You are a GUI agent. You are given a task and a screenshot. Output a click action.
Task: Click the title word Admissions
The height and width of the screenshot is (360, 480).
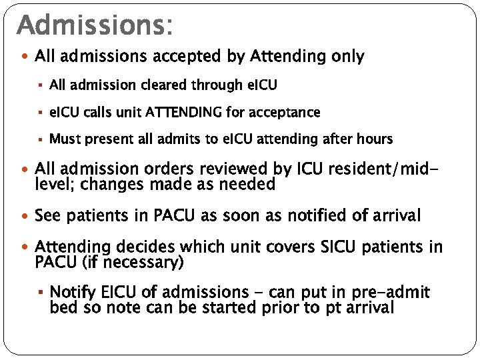93,25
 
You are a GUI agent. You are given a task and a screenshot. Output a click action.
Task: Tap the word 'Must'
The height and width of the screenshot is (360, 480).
65,139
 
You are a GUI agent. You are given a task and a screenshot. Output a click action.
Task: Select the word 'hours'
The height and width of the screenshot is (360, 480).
374,139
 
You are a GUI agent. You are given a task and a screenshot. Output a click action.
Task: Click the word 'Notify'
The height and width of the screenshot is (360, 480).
72,292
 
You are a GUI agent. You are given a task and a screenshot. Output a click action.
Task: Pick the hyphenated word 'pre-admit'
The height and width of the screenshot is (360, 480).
396,292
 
